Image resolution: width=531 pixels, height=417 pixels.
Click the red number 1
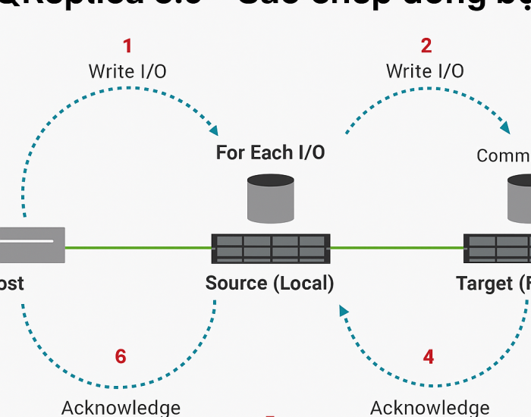point(127,45)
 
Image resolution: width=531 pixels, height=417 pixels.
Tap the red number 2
point(426,45)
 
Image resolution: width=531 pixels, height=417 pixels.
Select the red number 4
point(429,356)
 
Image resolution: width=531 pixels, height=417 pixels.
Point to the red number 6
point(121,356)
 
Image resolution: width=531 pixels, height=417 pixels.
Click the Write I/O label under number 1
point(127,72)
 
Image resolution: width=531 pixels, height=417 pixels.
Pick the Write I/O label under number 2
point(425,71)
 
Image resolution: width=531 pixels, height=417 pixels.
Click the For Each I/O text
point(270,152)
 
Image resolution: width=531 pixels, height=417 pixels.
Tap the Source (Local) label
point(269,284)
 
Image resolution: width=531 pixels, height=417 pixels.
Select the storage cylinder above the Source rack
point(270,199)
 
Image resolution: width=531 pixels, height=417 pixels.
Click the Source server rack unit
point(271,248)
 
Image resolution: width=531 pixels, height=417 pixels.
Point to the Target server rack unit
point(498,248)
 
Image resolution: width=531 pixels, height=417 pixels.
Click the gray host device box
point(30,245)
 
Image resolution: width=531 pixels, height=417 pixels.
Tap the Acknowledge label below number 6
point(121,407)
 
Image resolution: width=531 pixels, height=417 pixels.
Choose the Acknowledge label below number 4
point(429,407)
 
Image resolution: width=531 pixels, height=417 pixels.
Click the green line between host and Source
point(137,248)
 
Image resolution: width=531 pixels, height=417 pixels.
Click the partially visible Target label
point(493,284)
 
